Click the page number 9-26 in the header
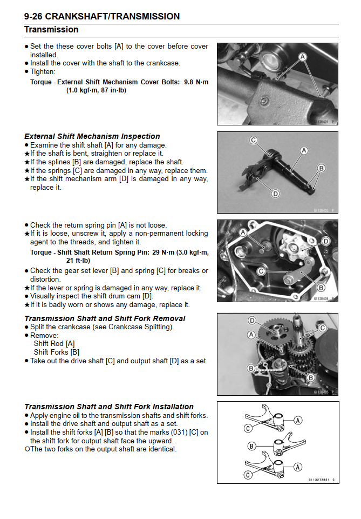[35, 16]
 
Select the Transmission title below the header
[51, 30]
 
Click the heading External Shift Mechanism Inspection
[92, 136]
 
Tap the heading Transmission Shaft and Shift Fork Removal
[105, 318]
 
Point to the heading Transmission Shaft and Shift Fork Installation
[108, 407]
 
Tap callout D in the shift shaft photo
[275, 193]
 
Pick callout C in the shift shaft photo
[253, 141]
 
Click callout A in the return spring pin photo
[243, 232]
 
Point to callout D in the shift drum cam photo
[325, 241]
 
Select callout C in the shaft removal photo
[323, 328]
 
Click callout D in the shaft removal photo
[252, 321]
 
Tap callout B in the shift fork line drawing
[251, 447]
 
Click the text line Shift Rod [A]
[54, 343]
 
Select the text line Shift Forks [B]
[56, 352]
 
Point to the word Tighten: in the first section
[43, 71]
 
